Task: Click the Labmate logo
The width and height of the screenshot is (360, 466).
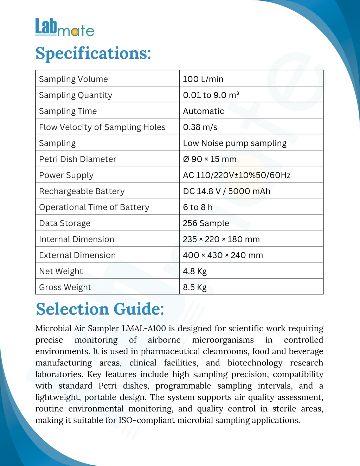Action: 65,28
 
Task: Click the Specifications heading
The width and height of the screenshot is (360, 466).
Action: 93,53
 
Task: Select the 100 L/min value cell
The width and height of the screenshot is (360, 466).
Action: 203,79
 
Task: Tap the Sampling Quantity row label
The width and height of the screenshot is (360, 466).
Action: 76,95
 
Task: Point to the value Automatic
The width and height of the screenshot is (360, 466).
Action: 203,111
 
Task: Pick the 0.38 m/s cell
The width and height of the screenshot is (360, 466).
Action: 200,127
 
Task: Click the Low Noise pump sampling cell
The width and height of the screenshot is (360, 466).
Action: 234,143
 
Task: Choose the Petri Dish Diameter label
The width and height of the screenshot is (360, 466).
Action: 78,159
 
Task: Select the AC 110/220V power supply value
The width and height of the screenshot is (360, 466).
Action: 237,175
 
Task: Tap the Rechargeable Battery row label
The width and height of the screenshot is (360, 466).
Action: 82,191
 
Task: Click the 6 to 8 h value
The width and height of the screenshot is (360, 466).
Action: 198,207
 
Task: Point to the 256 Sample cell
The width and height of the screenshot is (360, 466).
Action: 206,223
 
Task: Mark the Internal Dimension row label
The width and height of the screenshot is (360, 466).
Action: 77,239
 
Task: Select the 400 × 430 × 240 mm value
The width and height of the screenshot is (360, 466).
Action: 223,255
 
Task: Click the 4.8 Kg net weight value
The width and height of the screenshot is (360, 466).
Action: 195,272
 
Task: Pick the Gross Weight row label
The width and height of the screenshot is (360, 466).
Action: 65,287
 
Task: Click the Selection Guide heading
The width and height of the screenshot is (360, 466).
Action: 100,309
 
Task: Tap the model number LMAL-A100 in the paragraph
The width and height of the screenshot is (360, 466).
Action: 144,328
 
